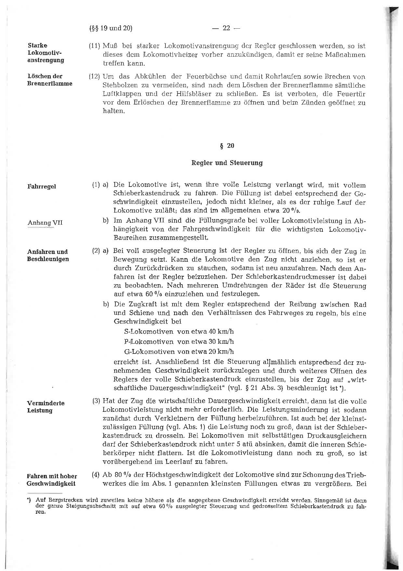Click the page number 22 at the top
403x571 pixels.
pos(226,28)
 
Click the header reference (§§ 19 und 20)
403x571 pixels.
pos(110,28)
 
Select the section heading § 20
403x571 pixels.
pos(227,146)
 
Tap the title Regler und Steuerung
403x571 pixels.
pos(227,163)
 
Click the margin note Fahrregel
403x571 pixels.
pos(42,187)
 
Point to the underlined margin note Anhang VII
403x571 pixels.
pos(45,223)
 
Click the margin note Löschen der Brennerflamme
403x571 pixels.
pos(49,80)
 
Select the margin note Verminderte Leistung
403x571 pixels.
pos(45,407)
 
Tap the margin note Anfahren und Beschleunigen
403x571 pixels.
pos(48,256)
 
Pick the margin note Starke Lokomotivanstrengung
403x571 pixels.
pos(46,53)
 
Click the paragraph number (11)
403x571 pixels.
pos(95,46)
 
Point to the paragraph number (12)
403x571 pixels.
pos(95,77)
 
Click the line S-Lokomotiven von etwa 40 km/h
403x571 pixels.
pos(179,332)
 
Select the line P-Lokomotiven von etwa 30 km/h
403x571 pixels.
pos(179,342)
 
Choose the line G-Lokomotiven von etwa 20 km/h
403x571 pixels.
pos(179,352)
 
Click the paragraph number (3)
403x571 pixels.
pos(96,401)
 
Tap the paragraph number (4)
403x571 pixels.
pos(96,475)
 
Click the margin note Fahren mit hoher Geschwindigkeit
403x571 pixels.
pos(51,480)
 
